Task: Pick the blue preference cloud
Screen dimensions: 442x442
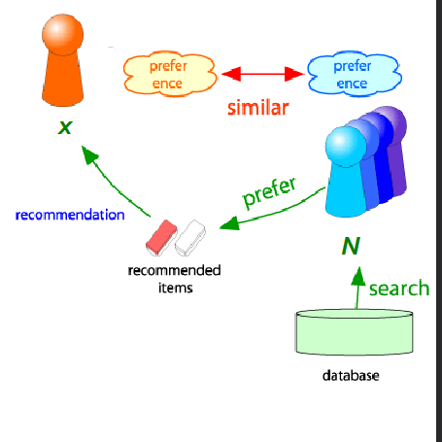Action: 352,73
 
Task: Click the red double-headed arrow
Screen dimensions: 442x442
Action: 260,74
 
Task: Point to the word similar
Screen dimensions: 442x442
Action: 257,108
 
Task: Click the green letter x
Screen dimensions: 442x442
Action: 64,126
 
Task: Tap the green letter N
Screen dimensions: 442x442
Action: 350,245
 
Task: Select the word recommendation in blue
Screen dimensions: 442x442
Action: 70,214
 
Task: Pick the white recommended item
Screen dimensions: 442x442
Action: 190,234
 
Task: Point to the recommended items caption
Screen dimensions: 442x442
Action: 174,277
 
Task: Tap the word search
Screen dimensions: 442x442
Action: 399,288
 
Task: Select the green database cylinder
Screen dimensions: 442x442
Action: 356,332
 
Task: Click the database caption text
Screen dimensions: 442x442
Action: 352,375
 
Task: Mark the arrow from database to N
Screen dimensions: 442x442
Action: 357,287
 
